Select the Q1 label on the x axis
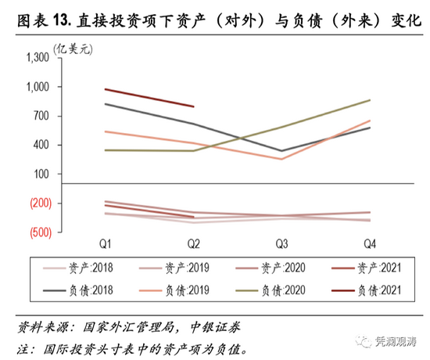105,243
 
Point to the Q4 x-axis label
370,243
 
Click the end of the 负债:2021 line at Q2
193,106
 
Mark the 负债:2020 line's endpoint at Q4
370,100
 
